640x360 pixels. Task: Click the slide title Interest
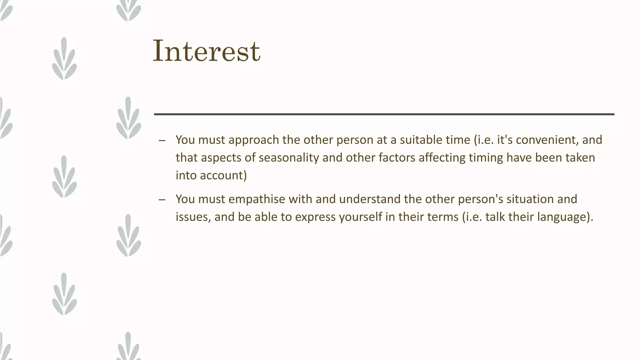(x=206, y=51)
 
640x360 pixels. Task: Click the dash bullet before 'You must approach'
(x=162, y=140)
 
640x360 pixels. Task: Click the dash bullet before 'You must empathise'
(x=162, y=200)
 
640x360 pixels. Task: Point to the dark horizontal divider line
(x=384, y=114)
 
